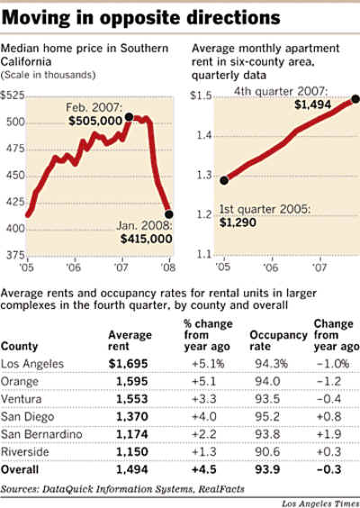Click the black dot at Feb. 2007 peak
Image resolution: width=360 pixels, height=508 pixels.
point(129,117)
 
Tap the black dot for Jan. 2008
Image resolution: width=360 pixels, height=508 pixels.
point(169,214)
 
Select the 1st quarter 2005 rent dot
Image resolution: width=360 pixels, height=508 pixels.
point(224,180)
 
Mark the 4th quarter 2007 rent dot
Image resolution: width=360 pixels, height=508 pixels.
point(355,99)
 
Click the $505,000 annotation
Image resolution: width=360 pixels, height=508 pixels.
point(95,121)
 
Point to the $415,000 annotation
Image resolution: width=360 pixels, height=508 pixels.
point(147,239)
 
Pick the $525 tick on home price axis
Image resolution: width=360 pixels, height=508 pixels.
point(13,95)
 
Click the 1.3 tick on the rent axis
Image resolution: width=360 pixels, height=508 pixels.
point(204,175)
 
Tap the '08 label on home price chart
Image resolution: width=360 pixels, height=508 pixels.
point(168,268)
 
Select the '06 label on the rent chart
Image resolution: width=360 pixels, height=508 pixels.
point(270,268)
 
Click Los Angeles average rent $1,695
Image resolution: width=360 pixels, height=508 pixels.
point(128,364)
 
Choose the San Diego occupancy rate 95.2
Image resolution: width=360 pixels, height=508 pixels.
point(267,417)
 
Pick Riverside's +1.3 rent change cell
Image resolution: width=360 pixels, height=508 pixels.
point(204,451)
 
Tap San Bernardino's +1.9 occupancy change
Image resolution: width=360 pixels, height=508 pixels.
point(328,434)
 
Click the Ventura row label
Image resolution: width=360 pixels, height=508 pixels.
point(21,399)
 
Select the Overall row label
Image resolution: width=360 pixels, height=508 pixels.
point(20,469)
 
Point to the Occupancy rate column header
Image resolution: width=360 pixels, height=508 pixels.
point(278,340)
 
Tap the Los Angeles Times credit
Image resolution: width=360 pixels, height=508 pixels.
point(320,503)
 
